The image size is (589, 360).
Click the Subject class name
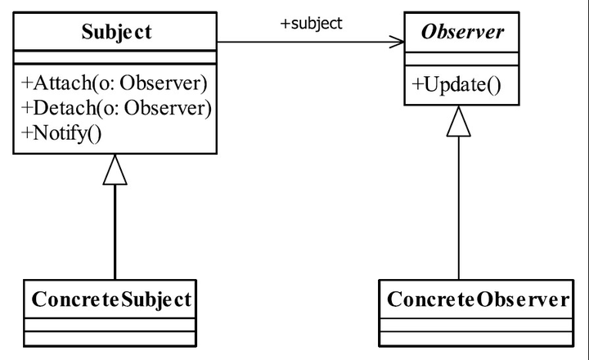tap(116, 32)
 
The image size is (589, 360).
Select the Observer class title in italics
tap(462, 32)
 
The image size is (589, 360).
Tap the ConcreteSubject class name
tap(111, 299)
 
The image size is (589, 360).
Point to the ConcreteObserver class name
tap(478, 299)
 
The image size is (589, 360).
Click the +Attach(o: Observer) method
tap(115, 83)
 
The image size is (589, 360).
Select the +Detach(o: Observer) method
tap(116, 108)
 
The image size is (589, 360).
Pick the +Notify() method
tap(61, 133)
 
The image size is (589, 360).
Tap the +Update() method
tap(456, 84)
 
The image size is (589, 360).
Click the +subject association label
tap(312, 23)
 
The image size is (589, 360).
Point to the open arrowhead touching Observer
tap(398, 42)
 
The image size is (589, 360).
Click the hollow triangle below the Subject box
tap(115, 170)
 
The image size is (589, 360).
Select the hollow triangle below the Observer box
tap(459, 121)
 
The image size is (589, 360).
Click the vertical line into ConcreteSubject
tap(115, 232)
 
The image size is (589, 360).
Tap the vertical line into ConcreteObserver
tap(459, 208)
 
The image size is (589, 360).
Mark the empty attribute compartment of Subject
tap(115, 57)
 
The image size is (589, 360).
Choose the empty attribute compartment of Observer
tap(461, 60)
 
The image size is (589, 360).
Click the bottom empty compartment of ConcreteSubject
tap(110, 338)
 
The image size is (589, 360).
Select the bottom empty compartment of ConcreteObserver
tap(476, 338)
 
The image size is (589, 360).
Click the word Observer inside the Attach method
tap(164, 83)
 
